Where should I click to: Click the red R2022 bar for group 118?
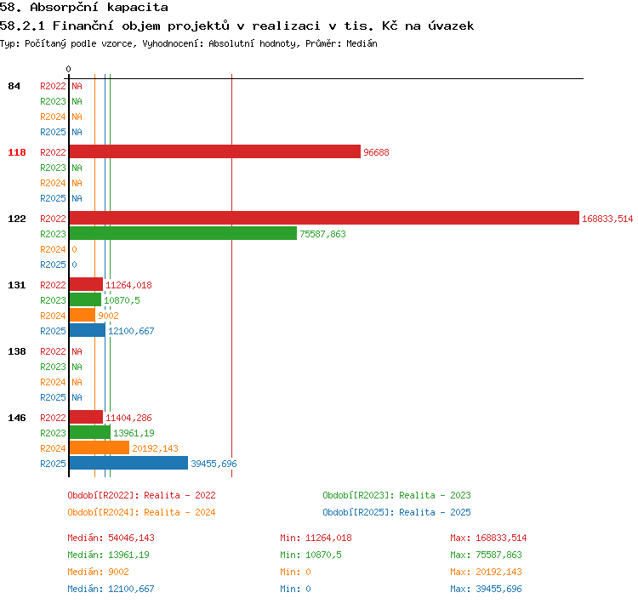click(215, 151)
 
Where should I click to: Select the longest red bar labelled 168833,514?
click(324, 218)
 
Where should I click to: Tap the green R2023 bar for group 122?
click(183, 234)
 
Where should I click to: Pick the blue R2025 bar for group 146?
click(128, 463)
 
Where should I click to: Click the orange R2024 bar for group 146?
click(100, 447)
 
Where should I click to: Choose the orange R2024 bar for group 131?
click(83, 315)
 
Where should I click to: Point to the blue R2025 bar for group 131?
click(88, 330)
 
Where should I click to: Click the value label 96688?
click(376, 152)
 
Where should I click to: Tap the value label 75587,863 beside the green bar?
click(322, 234)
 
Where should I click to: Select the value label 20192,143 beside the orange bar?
click(155, 448)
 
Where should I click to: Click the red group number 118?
click(17, 152)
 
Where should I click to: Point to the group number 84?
click(14, 86)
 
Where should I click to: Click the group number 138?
click(17, 351)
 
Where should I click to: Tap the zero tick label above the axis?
click(68, 69)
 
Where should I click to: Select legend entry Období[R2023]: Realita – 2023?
click(396, 495)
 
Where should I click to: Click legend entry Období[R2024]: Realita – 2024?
click(141, 512)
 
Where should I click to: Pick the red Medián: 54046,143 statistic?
click(111, 538)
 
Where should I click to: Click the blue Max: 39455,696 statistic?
click(486, 589)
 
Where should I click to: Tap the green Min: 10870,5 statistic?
click(310, 555)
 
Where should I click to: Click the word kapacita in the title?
click(138, 8)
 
